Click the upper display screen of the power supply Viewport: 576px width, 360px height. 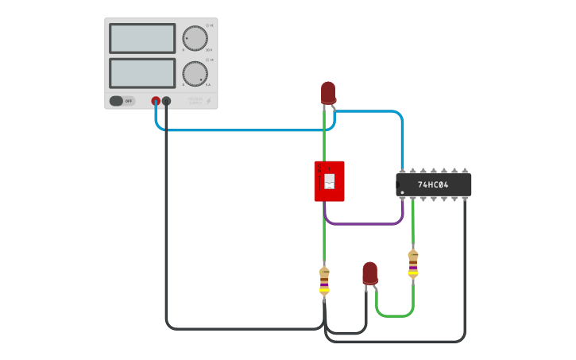[142, 38]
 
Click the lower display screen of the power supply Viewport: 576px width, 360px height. [142, 73]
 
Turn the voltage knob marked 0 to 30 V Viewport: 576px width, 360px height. [194, 38]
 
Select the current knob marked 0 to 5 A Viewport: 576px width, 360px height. [194, 73]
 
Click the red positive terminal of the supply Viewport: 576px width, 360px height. [156, 101]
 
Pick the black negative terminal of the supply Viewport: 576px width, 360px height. [166, 101]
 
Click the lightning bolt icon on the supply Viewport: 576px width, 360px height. [209, 101]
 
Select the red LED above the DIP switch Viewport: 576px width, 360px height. [328, 92]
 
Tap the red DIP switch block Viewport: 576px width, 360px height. [329, 181]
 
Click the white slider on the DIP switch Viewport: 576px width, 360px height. [330, 182]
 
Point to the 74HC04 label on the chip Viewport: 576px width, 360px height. [433, 185]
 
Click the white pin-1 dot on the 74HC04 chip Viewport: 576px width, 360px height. [402, 192]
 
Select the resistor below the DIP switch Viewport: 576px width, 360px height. [324, 281]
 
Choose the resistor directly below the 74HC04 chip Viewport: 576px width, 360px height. [412, 264]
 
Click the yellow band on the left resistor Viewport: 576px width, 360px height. [324, 290]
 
